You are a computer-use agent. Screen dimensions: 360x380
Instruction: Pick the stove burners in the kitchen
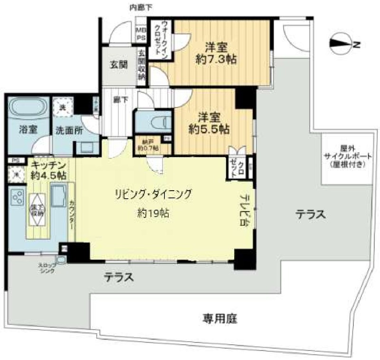click(x=17, y=197)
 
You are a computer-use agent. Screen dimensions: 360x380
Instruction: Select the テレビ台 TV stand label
click(x=244, y=209)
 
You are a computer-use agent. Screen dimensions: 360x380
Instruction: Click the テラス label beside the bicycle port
click(x=311, y=214)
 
